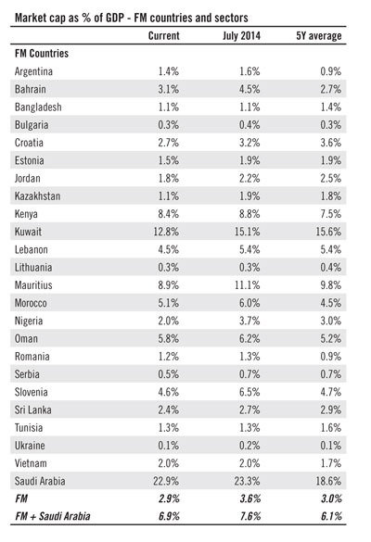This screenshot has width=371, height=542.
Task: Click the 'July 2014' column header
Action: tap(241, 36)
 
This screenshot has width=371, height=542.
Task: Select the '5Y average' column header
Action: tap(319, 36)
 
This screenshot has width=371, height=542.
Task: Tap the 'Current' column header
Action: tap(163, 35)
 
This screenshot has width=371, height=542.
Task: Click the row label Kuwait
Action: tap(28, 232)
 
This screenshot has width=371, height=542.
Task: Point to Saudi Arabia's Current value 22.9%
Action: tap(166, 481)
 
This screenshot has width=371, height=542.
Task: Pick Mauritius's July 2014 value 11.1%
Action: tap(247, 285)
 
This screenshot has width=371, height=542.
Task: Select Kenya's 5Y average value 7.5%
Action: tap(331, 214)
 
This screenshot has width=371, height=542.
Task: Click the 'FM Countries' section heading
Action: tap(42, 54)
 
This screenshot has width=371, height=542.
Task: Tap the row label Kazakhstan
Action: tap(37, 196)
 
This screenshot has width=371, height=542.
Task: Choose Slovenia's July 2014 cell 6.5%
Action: tap(249, 392)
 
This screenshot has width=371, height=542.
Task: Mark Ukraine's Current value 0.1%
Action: tap(169, 446)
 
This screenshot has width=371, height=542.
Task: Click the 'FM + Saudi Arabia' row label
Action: tap(53, 516)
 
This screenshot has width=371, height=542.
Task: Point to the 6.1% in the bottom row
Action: tap(331, 516)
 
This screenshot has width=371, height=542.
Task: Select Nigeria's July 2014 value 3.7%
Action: tap(249, 321)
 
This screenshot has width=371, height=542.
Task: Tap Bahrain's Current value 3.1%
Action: tap(169, 89)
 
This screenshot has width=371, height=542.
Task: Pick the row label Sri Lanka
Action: tap(32, 410)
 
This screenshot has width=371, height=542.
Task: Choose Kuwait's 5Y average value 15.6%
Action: tap(328, 232)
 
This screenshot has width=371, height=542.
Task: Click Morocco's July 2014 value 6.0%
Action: tap(249, 303)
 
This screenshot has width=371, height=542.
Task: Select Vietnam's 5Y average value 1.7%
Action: tap(331, 463)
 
